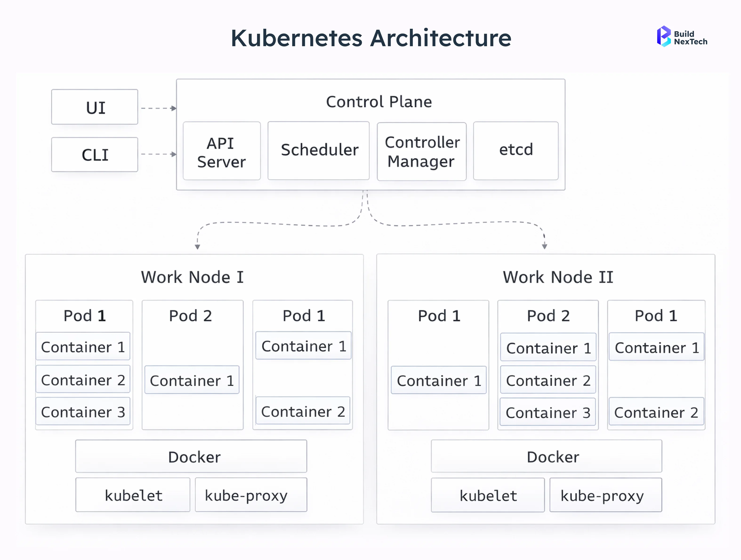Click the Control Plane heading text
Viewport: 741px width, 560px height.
click(379, 102)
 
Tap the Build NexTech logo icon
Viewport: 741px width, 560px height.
click(663, 36)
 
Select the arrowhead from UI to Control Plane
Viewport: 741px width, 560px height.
click(173, 108)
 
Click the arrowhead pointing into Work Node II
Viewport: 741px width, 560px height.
click(544, 247)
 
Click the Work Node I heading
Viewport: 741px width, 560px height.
click(192, 277)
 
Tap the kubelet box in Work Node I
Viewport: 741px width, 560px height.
click(133, 495)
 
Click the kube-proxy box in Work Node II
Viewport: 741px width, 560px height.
click(605, 495)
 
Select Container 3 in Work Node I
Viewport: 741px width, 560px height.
click(83, 412)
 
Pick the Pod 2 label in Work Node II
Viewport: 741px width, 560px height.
click(548, 316)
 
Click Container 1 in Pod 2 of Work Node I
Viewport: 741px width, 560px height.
click(192, 380)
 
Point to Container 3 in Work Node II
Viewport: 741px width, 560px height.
click(548, 412)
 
